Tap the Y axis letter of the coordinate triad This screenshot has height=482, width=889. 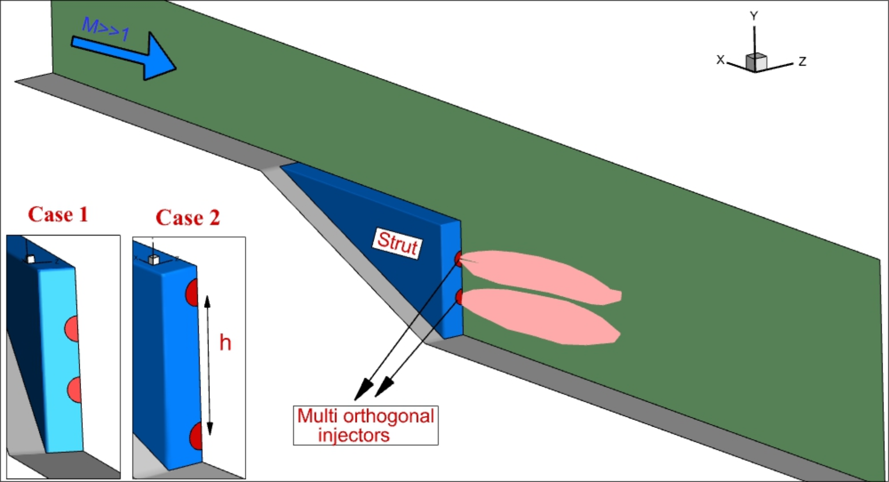[754, 16]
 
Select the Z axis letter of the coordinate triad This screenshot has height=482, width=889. [802, 62]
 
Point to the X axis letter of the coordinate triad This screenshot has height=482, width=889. [720, 60]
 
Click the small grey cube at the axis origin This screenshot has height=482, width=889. [756, 62]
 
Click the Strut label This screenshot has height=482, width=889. [397, 243]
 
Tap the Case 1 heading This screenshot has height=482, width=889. [58, 215]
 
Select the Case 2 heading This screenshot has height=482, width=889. [188, 218]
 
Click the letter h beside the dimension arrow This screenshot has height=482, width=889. [225, 343]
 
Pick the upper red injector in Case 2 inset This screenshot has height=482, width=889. [192, 292]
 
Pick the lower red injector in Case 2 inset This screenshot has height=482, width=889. [196, 436]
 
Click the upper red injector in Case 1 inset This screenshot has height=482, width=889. [72, 329]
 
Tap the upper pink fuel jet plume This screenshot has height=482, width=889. [540, 275]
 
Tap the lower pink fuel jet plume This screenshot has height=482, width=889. [540, 315]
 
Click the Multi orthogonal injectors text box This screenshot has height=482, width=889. [366, 425]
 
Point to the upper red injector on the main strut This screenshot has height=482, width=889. [459, 259]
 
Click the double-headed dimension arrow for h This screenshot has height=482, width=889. [209, 365]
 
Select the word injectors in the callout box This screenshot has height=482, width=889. [354, 435]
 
